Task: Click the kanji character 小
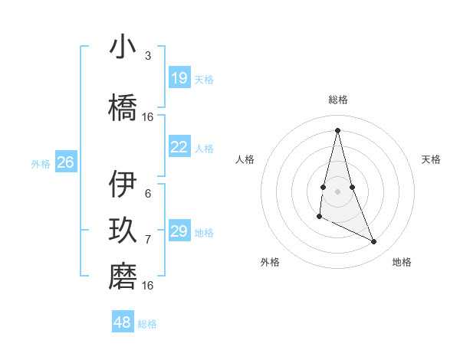123,47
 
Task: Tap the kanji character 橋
123,107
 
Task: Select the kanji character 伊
123,185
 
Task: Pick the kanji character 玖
123,231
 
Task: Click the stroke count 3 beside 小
147,56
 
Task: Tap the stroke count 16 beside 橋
148,117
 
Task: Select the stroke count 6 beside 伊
147,194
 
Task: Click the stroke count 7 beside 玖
147,240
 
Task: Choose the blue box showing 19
179,78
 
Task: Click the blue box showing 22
179,147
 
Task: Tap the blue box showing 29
179,231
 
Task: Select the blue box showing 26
65,162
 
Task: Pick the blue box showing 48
123,322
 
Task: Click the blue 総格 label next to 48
147,324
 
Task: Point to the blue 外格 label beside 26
40,163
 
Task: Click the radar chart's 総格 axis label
337,100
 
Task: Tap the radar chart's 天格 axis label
431,159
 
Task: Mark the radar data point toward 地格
374,242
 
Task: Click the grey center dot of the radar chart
337,191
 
